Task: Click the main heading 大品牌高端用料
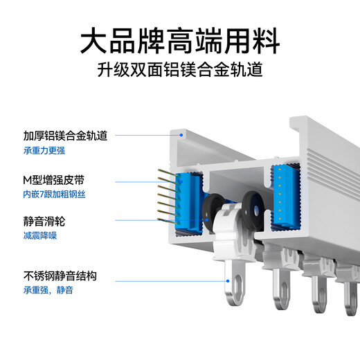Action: click(x=180, y=40)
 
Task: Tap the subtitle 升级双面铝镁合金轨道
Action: click(x=180, y=71)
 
